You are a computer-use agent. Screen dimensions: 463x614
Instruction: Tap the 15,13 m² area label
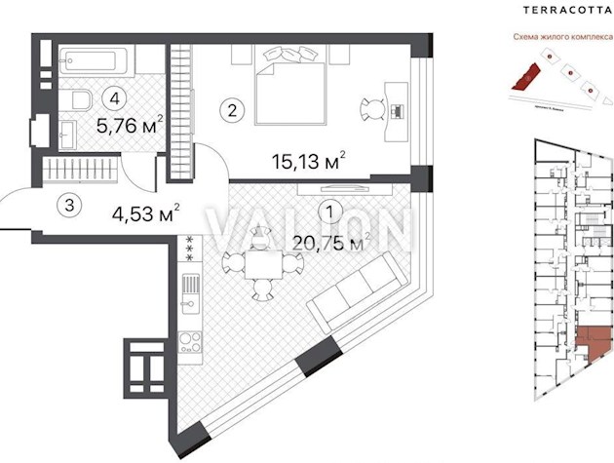pyautogui.click(x=302, y=161)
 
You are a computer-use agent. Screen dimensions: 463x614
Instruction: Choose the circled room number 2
pyautogui.click(x=231, y=110)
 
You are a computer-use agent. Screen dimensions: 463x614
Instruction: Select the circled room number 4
pyautogui.click(x=116, y=96)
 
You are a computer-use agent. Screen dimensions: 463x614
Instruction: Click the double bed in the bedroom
pyautogui.click(x=289, y=86)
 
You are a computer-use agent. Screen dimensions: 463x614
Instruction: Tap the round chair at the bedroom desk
pyautogui.click(x=375, y=107)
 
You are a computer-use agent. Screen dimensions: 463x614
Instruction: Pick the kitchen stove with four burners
pyautogui.click(x=190, y=342)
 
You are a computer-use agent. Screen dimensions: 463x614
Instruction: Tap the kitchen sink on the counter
pyautogui.click(x=189, y=289)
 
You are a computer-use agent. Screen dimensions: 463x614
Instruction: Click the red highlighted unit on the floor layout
pyautogui.click(x=593, y=343)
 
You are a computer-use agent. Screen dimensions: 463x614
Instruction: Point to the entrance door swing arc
pyautogui.click(x=19, y=205)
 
